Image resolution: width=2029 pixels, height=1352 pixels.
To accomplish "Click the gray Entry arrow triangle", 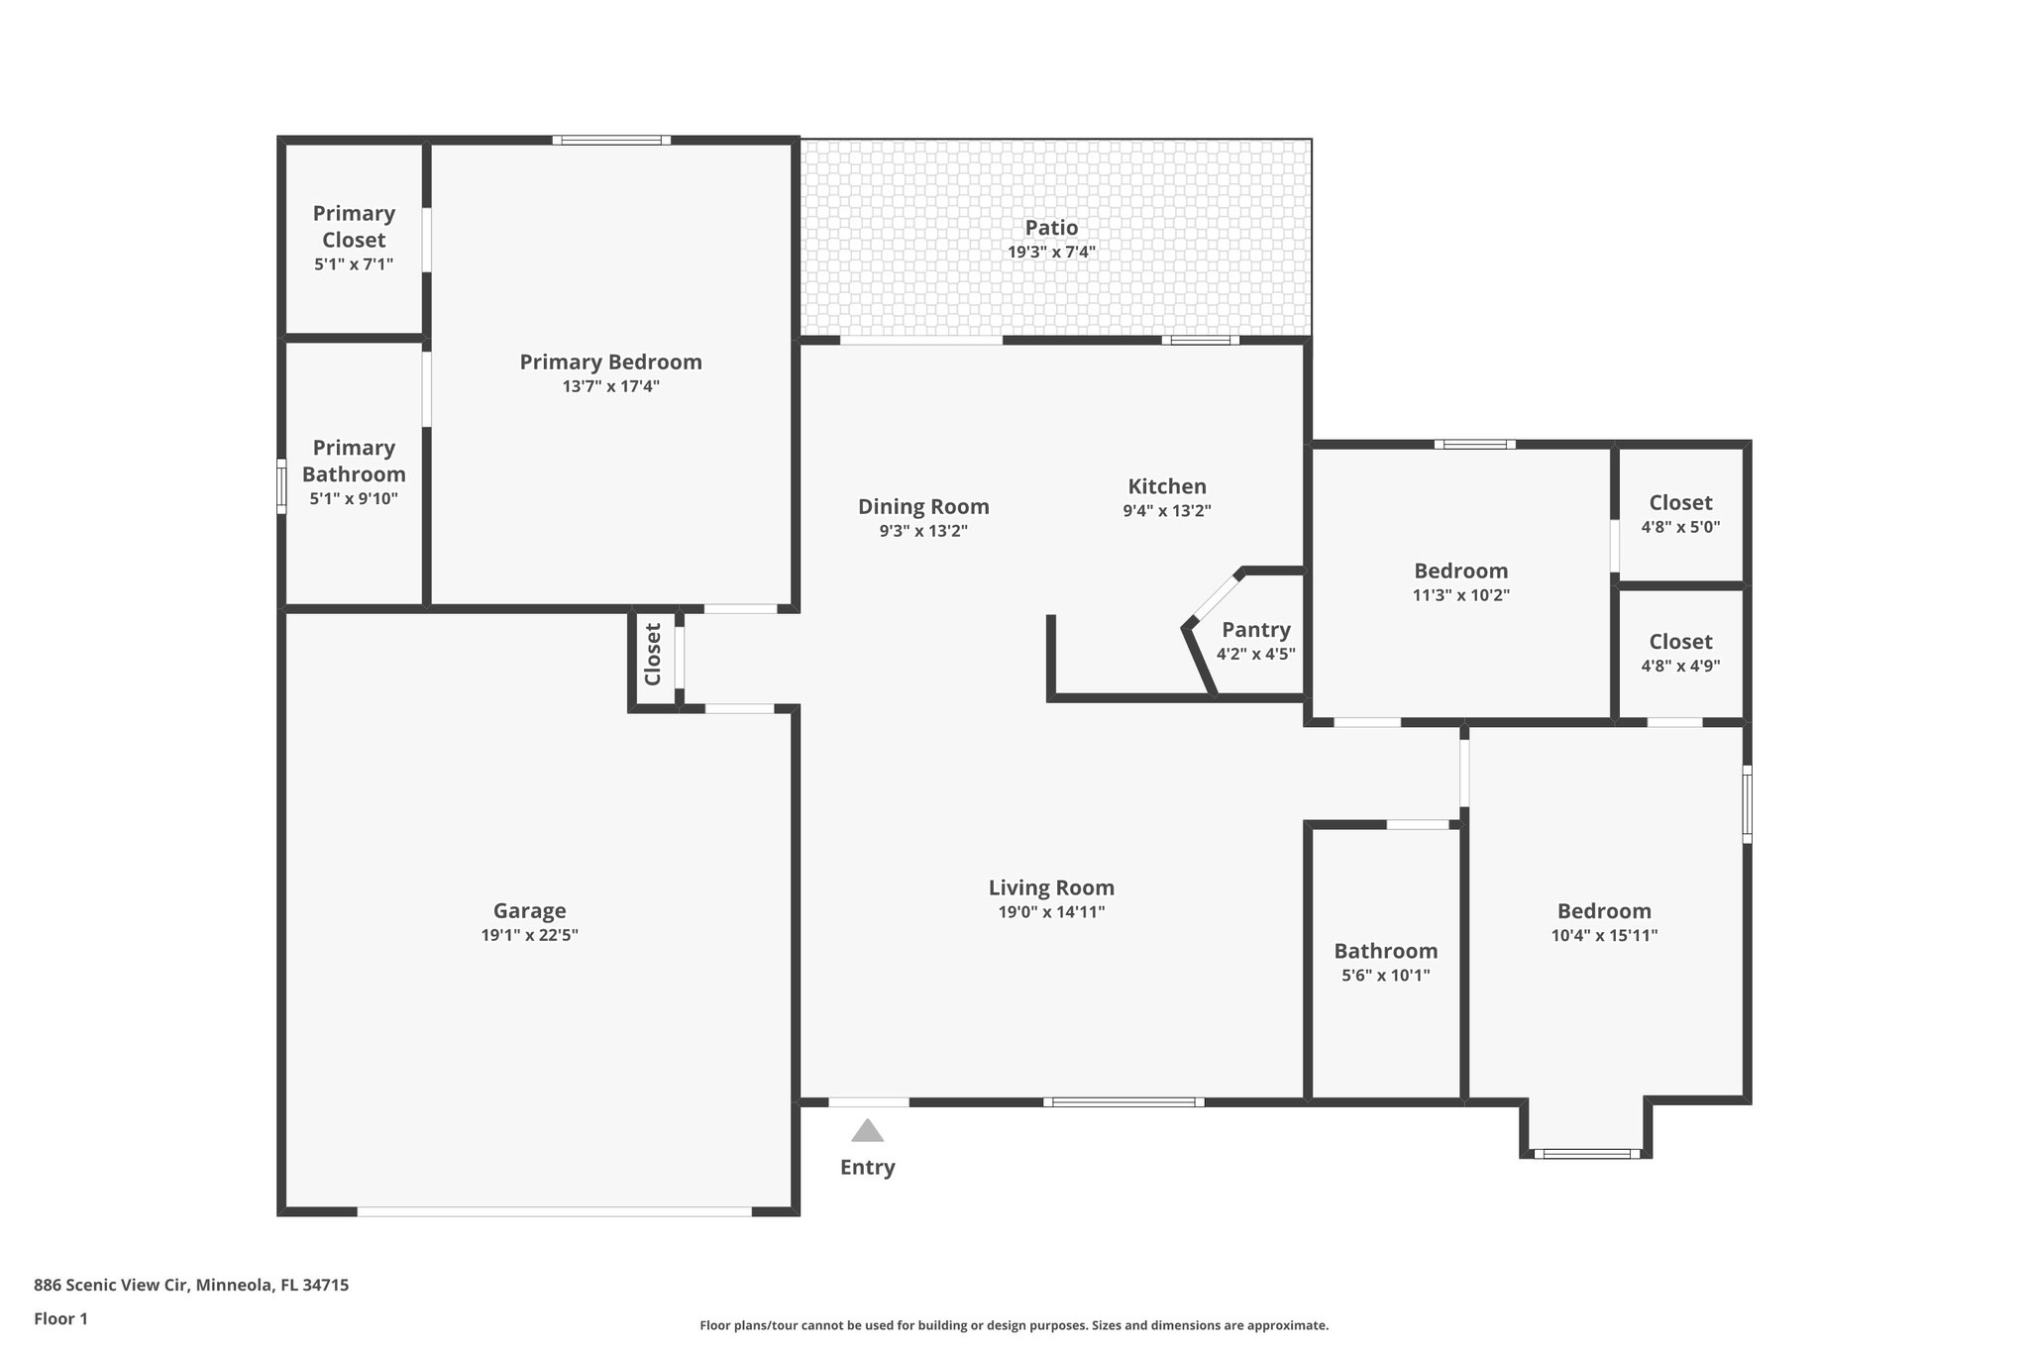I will coord(867,1130).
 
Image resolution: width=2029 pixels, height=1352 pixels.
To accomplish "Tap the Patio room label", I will coord(1051,228).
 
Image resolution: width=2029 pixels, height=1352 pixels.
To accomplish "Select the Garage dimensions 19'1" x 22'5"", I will coord(529,935).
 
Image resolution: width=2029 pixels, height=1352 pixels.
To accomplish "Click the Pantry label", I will coord(1255,630).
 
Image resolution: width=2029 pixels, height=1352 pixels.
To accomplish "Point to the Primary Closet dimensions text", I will coord(354,264).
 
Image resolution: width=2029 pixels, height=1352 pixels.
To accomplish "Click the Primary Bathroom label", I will coord(354,461).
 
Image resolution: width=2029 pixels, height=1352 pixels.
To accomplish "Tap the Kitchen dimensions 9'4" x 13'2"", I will coord(1166,511).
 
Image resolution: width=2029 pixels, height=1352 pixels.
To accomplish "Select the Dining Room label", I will coord(923,507).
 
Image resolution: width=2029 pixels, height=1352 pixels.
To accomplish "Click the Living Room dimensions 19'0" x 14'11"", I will coord(1051,912).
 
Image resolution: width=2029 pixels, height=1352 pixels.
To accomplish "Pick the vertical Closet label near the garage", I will coord(653,654).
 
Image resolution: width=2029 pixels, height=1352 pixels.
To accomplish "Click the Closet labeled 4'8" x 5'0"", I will coord(1680,503).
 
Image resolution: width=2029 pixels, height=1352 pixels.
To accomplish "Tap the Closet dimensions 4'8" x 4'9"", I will coord(1680,667).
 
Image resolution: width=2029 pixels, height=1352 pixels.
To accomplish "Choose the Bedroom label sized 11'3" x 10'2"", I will coord(1460,572).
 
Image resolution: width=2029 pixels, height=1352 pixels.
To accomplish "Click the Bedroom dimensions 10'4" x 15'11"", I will coord(1604,935).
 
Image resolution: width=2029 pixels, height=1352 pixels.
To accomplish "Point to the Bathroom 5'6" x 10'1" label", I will coord(1385,952).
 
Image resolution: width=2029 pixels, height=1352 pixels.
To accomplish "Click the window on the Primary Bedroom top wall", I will coord(611,141).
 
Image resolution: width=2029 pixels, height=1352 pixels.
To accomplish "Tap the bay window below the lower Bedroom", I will coord(1585,1153).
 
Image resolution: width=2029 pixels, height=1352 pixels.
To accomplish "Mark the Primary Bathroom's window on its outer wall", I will coord(281,486).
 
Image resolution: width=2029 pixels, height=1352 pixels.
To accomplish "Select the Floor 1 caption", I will coord(60,1318).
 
